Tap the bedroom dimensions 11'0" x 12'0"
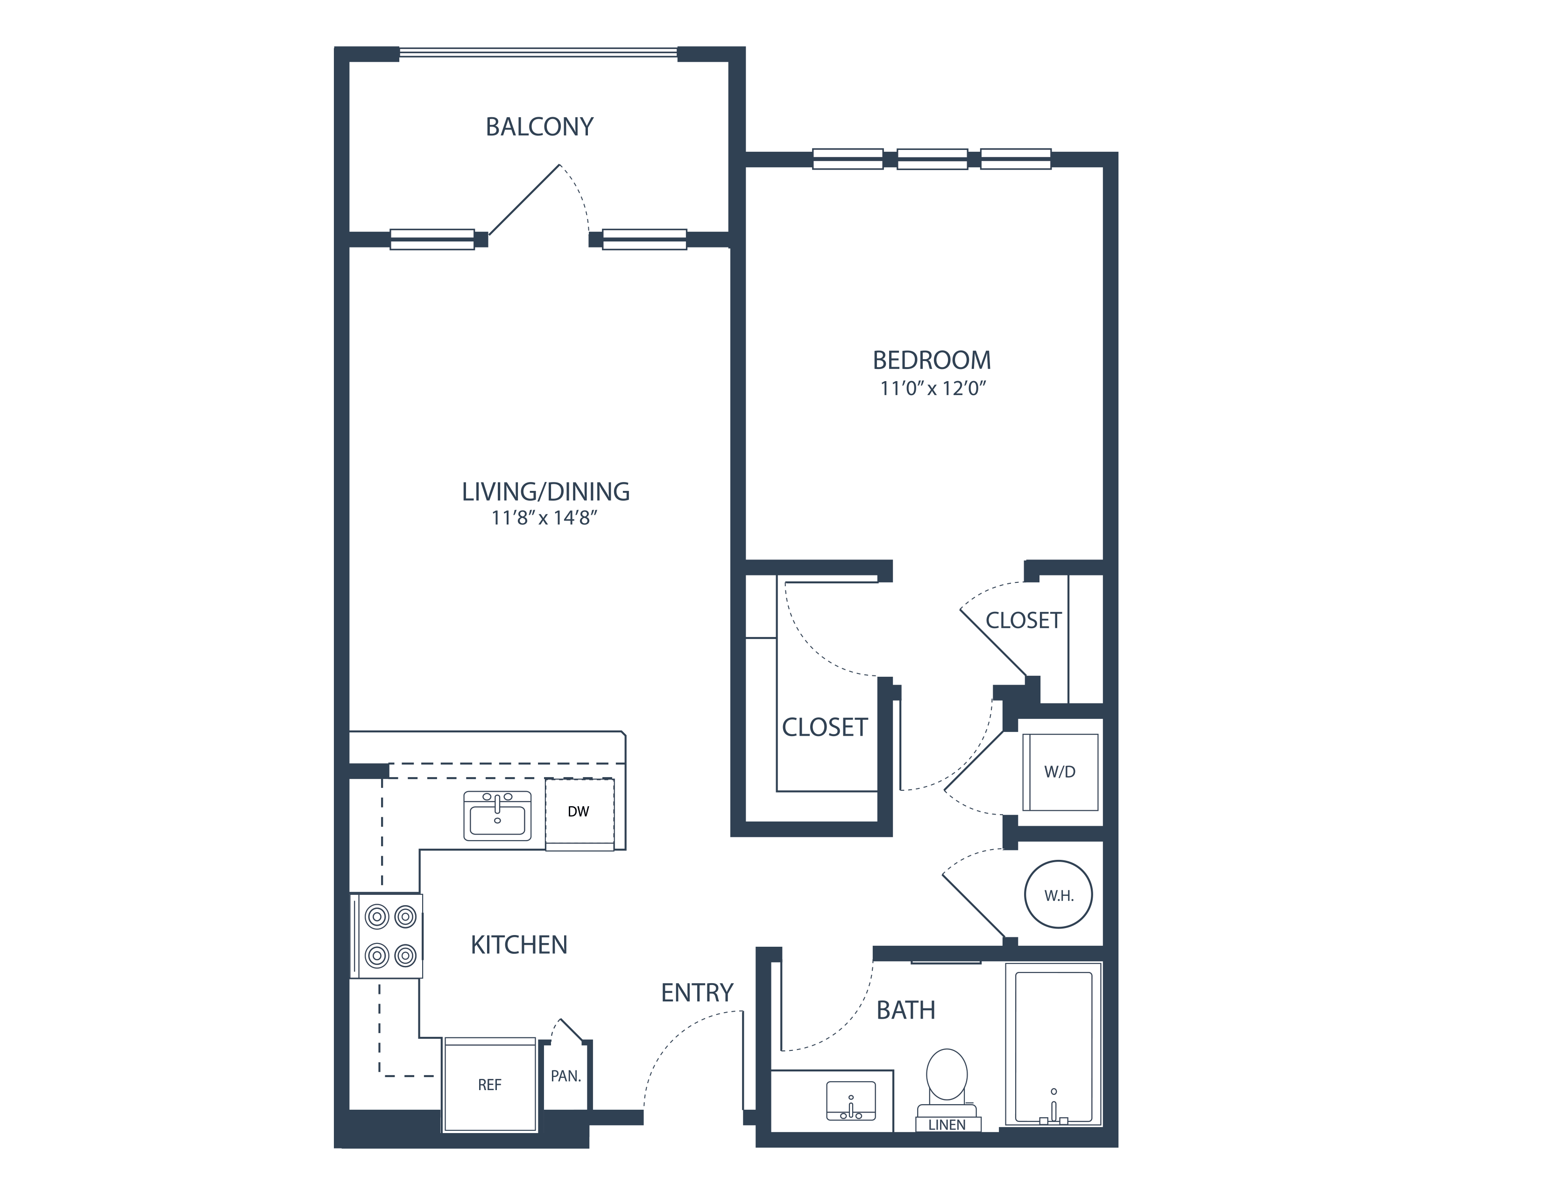(x=932, y=388)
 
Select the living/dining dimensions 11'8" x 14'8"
(x=544, y=518)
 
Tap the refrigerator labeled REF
(x=490, y=1085)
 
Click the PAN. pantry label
(x=565, y=1077)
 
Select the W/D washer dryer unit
(x=1060, y=772)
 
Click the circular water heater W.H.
(x=1058, y=895)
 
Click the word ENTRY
(x=697, y=993)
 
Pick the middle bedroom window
(x=932, y=159)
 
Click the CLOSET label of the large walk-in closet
(x=824, y=727)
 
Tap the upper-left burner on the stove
(x=377, y=917)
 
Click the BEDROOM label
(x=932, y=361)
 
